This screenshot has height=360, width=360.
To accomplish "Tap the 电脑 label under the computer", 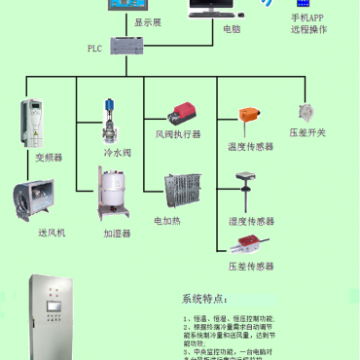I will point(232,29).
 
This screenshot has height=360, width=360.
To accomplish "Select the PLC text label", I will point(94,48).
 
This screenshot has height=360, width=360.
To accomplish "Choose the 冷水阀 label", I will point(118,153).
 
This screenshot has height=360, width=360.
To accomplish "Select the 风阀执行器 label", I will point(178,133).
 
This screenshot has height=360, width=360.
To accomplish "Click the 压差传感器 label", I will point(250,265).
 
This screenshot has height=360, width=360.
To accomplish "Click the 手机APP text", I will point(308,18).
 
